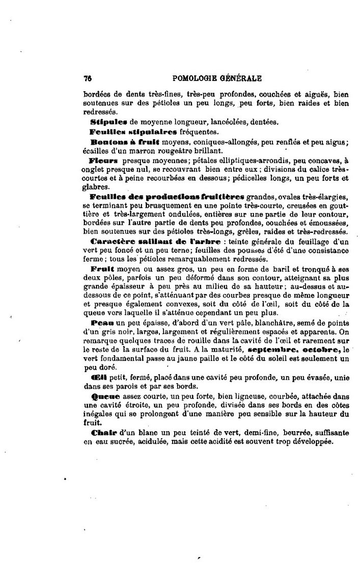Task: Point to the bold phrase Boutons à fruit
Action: (125, 142)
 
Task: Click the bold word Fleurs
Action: (103, 160)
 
